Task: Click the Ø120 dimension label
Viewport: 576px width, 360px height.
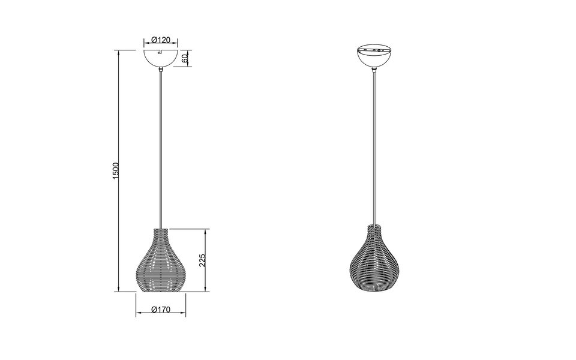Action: (161, 40)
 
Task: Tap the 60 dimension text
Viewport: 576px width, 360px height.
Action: (185, 58)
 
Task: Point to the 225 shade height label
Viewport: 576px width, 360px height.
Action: (203, 260)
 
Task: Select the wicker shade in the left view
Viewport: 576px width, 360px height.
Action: (161, 262)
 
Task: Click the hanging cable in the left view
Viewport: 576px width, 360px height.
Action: (161, 150)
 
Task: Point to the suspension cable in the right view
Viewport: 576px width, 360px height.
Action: (374, 150)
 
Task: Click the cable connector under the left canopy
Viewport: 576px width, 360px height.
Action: (161, 71)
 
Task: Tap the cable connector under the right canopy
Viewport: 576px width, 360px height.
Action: (374, 71)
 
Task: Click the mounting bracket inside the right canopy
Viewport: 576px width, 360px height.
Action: (374, 49)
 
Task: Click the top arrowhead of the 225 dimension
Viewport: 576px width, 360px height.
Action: (208, 231)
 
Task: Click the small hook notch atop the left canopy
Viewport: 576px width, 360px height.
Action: (158, 52)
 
